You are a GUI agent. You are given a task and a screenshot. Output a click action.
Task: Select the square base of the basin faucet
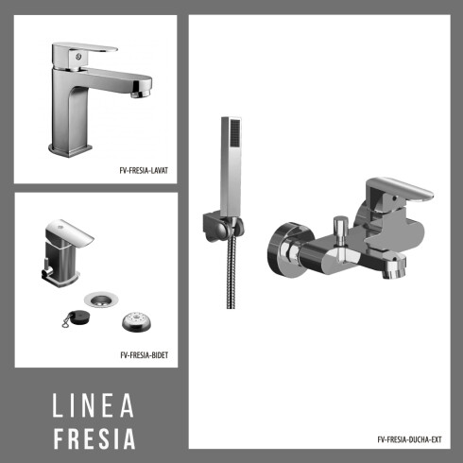(72, 147)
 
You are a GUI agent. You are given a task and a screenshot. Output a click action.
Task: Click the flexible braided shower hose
(230, 274)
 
